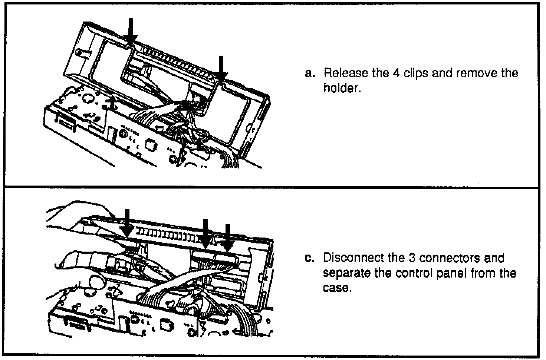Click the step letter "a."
(x=309, y=73)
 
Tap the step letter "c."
(x=309, y=258)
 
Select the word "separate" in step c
(x=346, y=274)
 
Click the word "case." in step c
(x=336, y=288)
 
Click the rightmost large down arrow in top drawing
(x=221, y=69)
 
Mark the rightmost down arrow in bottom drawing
(x=228, y=238)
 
